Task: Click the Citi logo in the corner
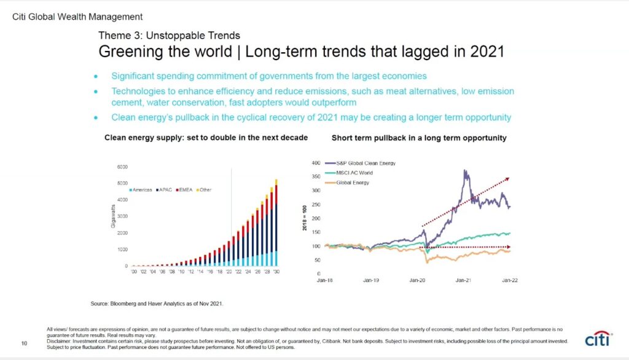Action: [x=600, y=339]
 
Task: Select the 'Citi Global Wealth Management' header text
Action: [x=77, y=17]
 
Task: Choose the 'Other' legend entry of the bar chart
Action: [x=204, y=190]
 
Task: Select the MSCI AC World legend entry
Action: [x=357, y=173]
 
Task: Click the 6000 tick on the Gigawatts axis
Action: [x=122, y=166]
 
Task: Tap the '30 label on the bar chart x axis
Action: [x=276, y=271]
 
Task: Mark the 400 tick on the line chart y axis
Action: [x=316, y=163]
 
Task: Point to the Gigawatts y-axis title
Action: [x=113, y=217]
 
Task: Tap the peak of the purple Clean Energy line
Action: [x=465, y=171]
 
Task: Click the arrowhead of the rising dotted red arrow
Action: [x=508, y=179]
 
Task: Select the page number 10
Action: [x=25, y=343]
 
